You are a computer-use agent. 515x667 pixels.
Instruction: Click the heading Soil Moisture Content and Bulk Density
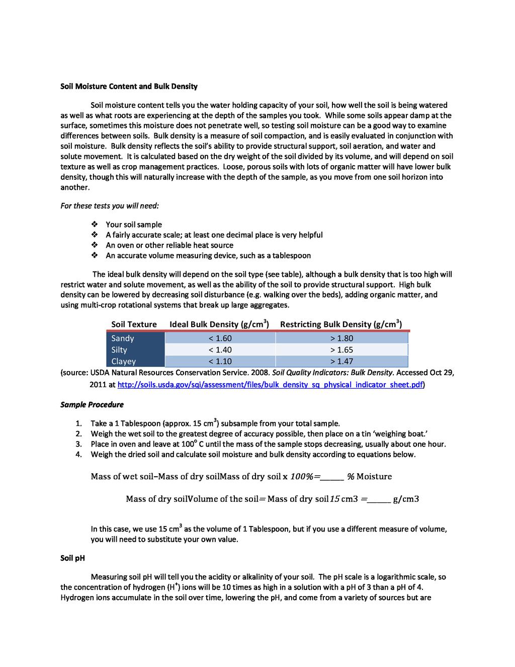[x=129, y=87]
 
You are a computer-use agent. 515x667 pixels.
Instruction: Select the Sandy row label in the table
[x=123, y=338]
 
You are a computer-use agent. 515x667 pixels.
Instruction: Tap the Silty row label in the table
[x=119, y=350]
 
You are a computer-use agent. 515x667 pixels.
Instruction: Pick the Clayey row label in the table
[x=124, y=361]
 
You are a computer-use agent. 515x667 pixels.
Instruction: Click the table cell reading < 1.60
[x=220, y=338]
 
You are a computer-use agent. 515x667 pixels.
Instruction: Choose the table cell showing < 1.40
[x=220, y=350]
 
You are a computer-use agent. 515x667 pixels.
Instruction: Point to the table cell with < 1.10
[x=220, y=361]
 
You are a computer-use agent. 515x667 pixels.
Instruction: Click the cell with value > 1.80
[x=341, y=338]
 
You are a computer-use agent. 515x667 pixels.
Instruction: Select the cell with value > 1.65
[x=341, y=350]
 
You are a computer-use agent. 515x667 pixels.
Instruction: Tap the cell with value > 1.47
[x=341, y=361]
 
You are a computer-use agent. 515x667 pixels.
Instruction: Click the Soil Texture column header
[x=134, y=325]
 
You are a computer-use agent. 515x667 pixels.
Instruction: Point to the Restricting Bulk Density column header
[x=340, y=324]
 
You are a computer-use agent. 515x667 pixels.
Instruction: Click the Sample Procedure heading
[x=92, y=405]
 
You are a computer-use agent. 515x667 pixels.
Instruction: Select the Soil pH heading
[x=72, y=558]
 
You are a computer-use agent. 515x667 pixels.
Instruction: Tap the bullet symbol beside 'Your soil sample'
[x=94, y=225]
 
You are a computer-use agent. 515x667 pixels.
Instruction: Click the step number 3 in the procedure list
[x=78, y=444]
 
